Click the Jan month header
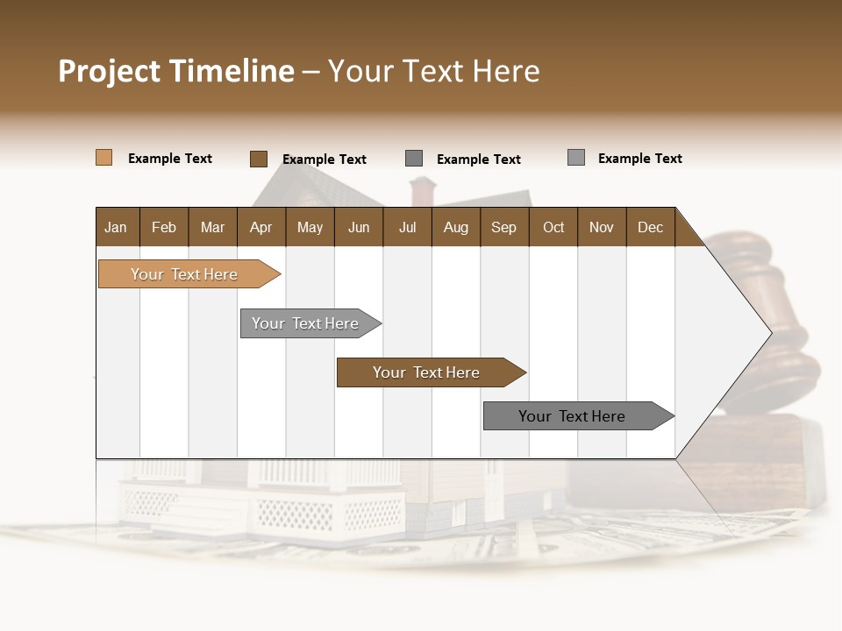pyautogui.click(x=116, y=227)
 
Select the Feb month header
pyautogui.click(x=164, y=227)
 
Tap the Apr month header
pyautogui.click(x=260, y=227)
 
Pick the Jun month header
pyautogui.click(x=359, y=227)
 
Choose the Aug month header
pyautogui.click(x=455, y=227)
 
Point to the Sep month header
pyautogui.click(x=503, y=227)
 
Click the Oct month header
pyautogui.click(x=553, y=227)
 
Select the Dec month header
pyautogui.click(x=650, y=227)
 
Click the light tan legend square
pyautogui.click(x=103, y=158)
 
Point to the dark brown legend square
pyautogui.click(x=258, y=159)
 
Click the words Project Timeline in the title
pyautogui.click(x=176, y=71)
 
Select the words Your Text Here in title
pyautogui.click(x=434, y=71)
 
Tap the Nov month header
pyautogui.click(x=602, y=227)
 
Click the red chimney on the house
pyautogui.click(x=423, y=190)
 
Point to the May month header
pyautogui.click(x=310, y=227)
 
